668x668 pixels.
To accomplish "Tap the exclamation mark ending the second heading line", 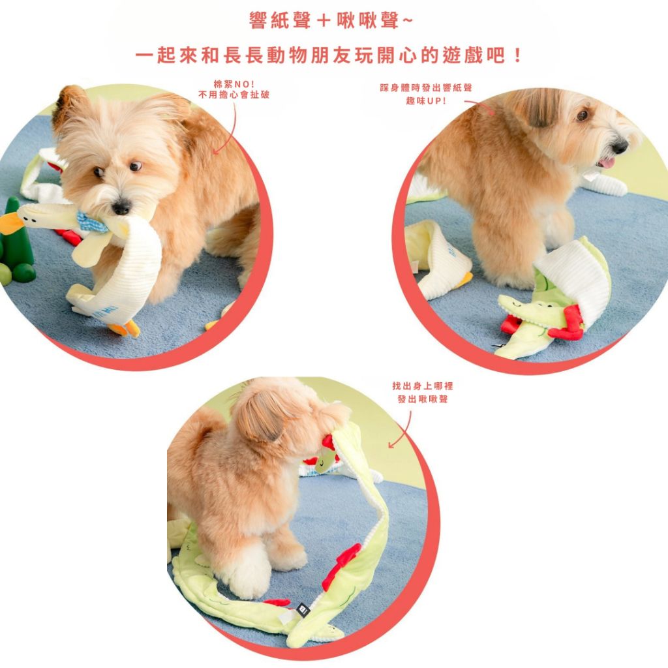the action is coord(517,56).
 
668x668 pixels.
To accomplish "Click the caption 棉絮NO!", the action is coord(234,84).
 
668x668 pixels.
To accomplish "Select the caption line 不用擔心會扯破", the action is coord(234,95).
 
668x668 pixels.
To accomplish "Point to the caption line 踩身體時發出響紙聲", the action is coord(426,88).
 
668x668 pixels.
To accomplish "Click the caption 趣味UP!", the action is coord(426,101).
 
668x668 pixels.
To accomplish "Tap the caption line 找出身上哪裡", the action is coord(423,386).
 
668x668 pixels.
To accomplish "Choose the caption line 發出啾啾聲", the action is coord(423,399).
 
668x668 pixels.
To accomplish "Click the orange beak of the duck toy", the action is coord(10,223).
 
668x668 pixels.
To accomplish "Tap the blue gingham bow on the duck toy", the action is coord(91,222).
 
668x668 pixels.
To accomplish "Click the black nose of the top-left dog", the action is coord(121,207).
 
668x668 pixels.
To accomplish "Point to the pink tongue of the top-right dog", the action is coord(606,162).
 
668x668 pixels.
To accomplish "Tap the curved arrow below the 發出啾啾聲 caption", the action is coord(402,431).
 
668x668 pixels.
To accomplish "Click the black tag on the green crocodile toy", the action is coord(303,610).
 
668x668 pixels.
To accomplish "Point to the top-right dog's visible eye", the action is coord(583,114).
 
